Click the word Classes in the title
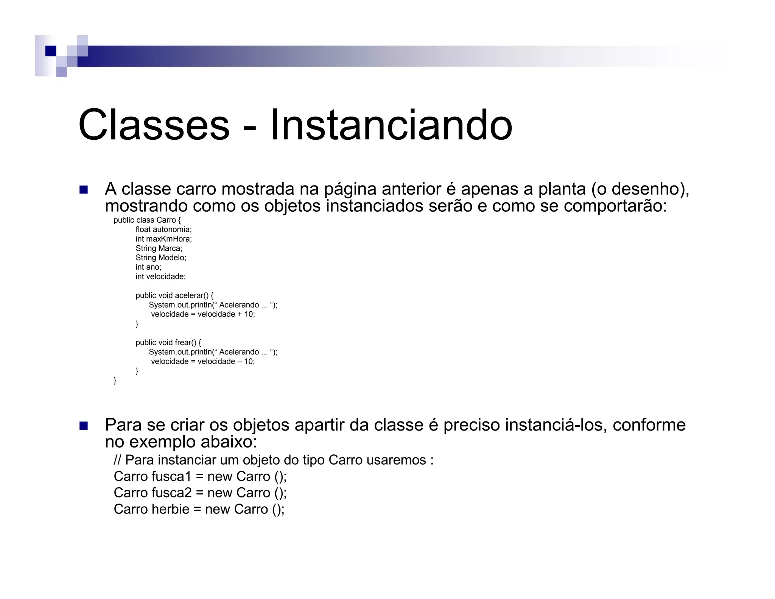pyautogui.click(x=154, y=125)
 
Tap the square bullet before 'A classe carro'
pyautogui.click(x=84, y=190)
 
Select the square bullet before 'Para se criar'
pyautogui.click(x=84, y=426)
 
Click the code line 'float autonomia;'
pyautogui.click(x=163, y=229)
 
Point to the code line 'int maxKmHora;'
pyautogui.click(x=163, y=239)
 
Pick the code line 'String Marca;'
pyautogui.click(x=159, y=248)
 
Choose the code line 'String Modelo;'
pyautogui.click(x=161, y=258)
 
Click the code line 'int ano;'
pyautogui.click(x=148, y=267)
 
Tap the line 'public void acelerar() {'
pyautogui.click(x=174, y=295)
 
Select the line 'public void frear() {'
pyautogui.click(x=168, y=343)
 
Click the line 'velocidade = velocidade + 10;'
pyautogui.click(x=203, y=314)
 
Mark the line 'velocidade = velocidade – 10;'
pyautogui.click(x=203, y=362)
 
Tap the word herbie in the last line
pyautogui.click(x=170, y=509)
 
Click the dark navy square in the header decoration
pyautogui.click(x=51, y=51)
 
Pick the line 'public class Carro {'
pyautogui.click(x=147, y=220)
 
